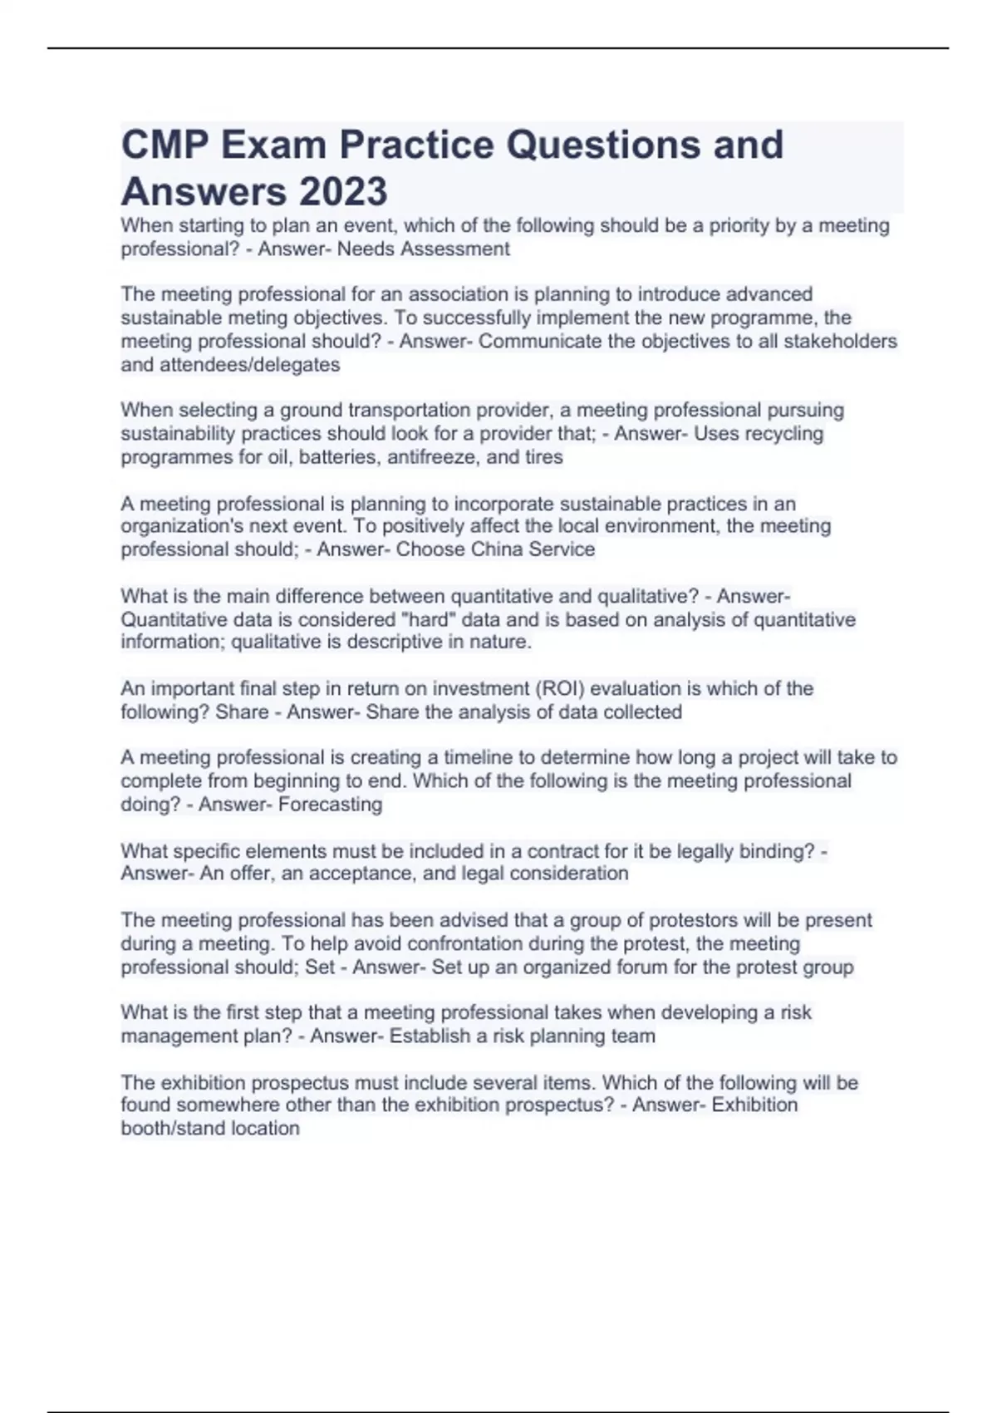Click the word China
click(498, 549)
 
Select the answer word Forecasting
click(331, 804)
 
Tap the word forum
click(642, 967)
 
